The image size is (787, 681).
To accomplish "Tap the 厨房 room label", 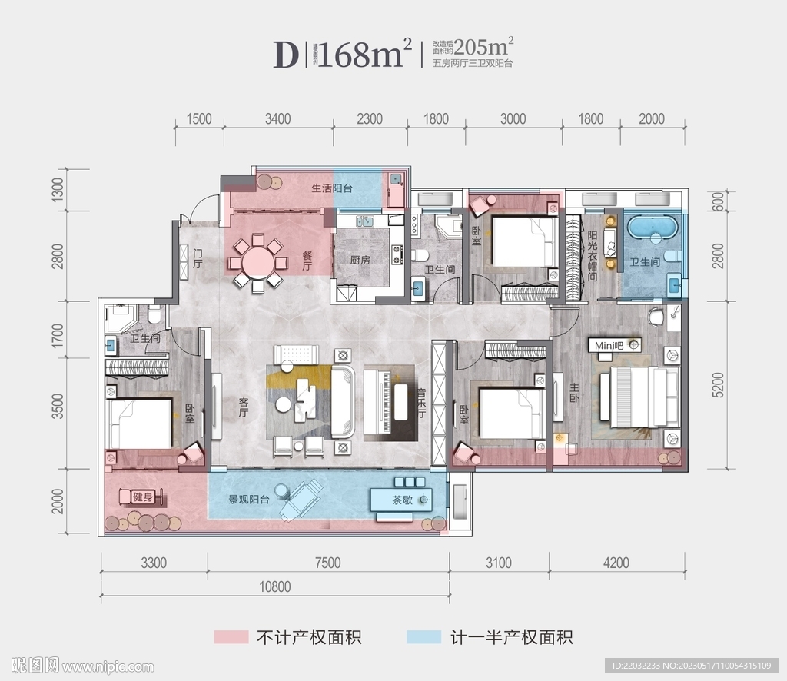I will (360, 261).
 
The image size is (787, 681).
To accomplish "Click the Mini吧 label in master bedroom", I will (607, 347).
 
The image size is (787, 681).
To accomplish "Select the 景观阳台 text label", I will (248, 499).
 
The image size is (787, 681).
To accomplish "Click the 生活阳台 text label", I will (331, 188).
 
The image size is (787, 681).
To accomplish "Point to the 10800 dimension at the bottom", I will (275, 586).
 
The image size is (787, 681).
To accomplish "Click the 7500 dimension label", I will (327, 563).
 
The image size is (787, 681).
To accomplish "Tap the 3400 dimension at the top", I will (277, 118).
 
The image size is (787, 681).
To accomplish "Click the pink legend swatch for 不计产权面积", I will (231, 637).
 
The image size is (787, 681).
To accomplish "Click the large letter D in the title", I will (284, 55).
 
